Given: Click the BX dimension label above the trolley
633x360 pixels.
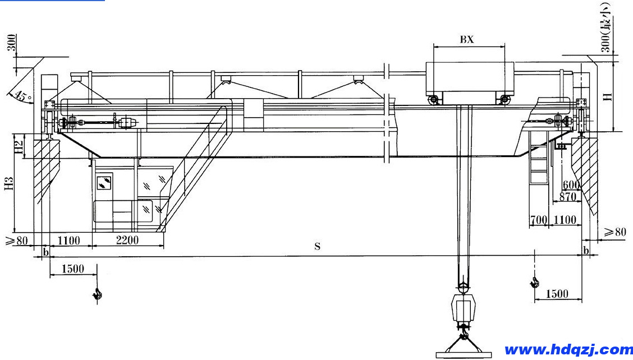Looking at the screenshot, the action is pyautogui.click(x=467, y=39).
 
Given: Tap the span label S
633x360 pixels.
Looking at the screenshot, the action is pyautogui.click(x=317, y=246).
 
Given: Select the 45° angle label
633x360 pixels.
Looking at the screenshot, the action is pyautogui.click(x=22, y=96).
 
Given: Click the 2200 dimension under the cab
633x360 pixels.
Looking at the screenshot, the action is pyautogui.click(x=127, y=240).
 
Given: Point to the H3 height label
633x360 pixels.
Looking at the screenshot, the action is pyautogui.click(x=9, y=183).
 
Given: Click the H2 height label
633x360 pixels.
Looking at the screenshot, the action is pyautogui.click(x=19, y=146).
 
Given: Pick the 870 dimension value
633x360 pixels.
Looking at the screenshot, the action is pyautogui.click(x=567, y=197).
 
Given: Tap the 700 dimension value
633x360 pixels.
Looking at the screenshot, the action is pyautogui.click(x=539, y=220).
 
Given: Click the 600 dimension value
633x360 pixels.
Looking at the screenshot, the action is pyautogui.click(x=571, y=185).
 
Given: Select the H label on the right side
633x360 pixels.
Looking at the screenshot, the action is pyautogui.click(x=608, y=97).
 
